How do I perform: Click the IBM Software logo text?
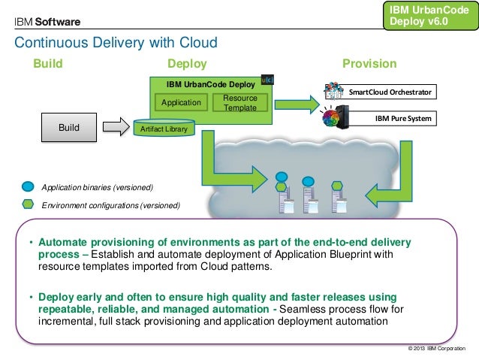pyautogui.click(x=48, y=20)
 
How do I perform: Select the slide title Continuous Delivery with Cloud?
pyautogui.click(x=116, y=42)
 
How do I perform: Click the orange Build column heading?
pyautogui.click(x=48, y=64)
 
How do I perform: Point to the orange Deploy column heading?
pyautogui.click(x=186, y=64)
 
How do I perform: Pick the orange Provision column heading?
pyautogui.click(x=369, y=64)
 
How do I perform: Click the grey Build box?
pyautogui.click(x=68, y=127)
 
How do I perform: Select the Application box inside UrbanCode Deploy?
pyautogui.click(x=181, y=102)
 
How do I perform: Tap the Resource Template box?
pyautogui.click(x=239, y=103)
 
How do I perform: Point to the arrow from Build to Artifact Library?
pyautogui.click(x=116, y=128)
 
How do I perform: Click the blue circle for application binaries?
pyautogui.click(x=28, y=186)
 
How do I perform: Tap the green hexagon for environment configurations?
pyautogui.click(x=28, y=204)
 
